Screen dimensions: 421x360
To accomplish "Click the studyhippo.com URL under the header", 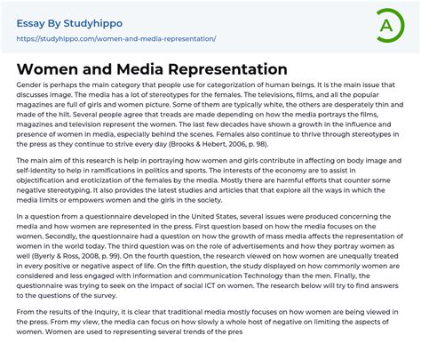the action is tap(115, 39).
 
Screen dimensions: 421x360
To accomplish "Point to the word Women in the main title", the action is tap(48, 69).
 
